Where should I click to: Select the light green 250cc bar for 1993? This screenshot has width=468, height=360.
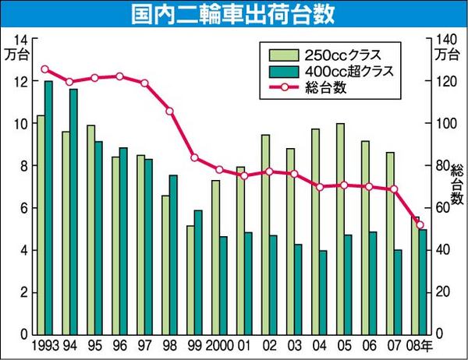coord(41,226)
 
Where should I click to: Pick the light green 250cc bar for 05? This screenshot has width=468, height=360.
coord(340,229)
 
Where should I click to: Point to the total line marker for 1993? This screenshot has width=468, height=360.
coord(44,69)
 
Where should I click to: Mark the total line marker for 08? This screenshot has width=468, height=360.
coord(420,225)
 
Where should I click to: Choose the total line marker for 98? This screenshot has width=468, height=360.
coord(169,111)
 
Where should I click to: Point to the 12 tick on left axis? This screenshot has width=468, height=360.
coord(22,82)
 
